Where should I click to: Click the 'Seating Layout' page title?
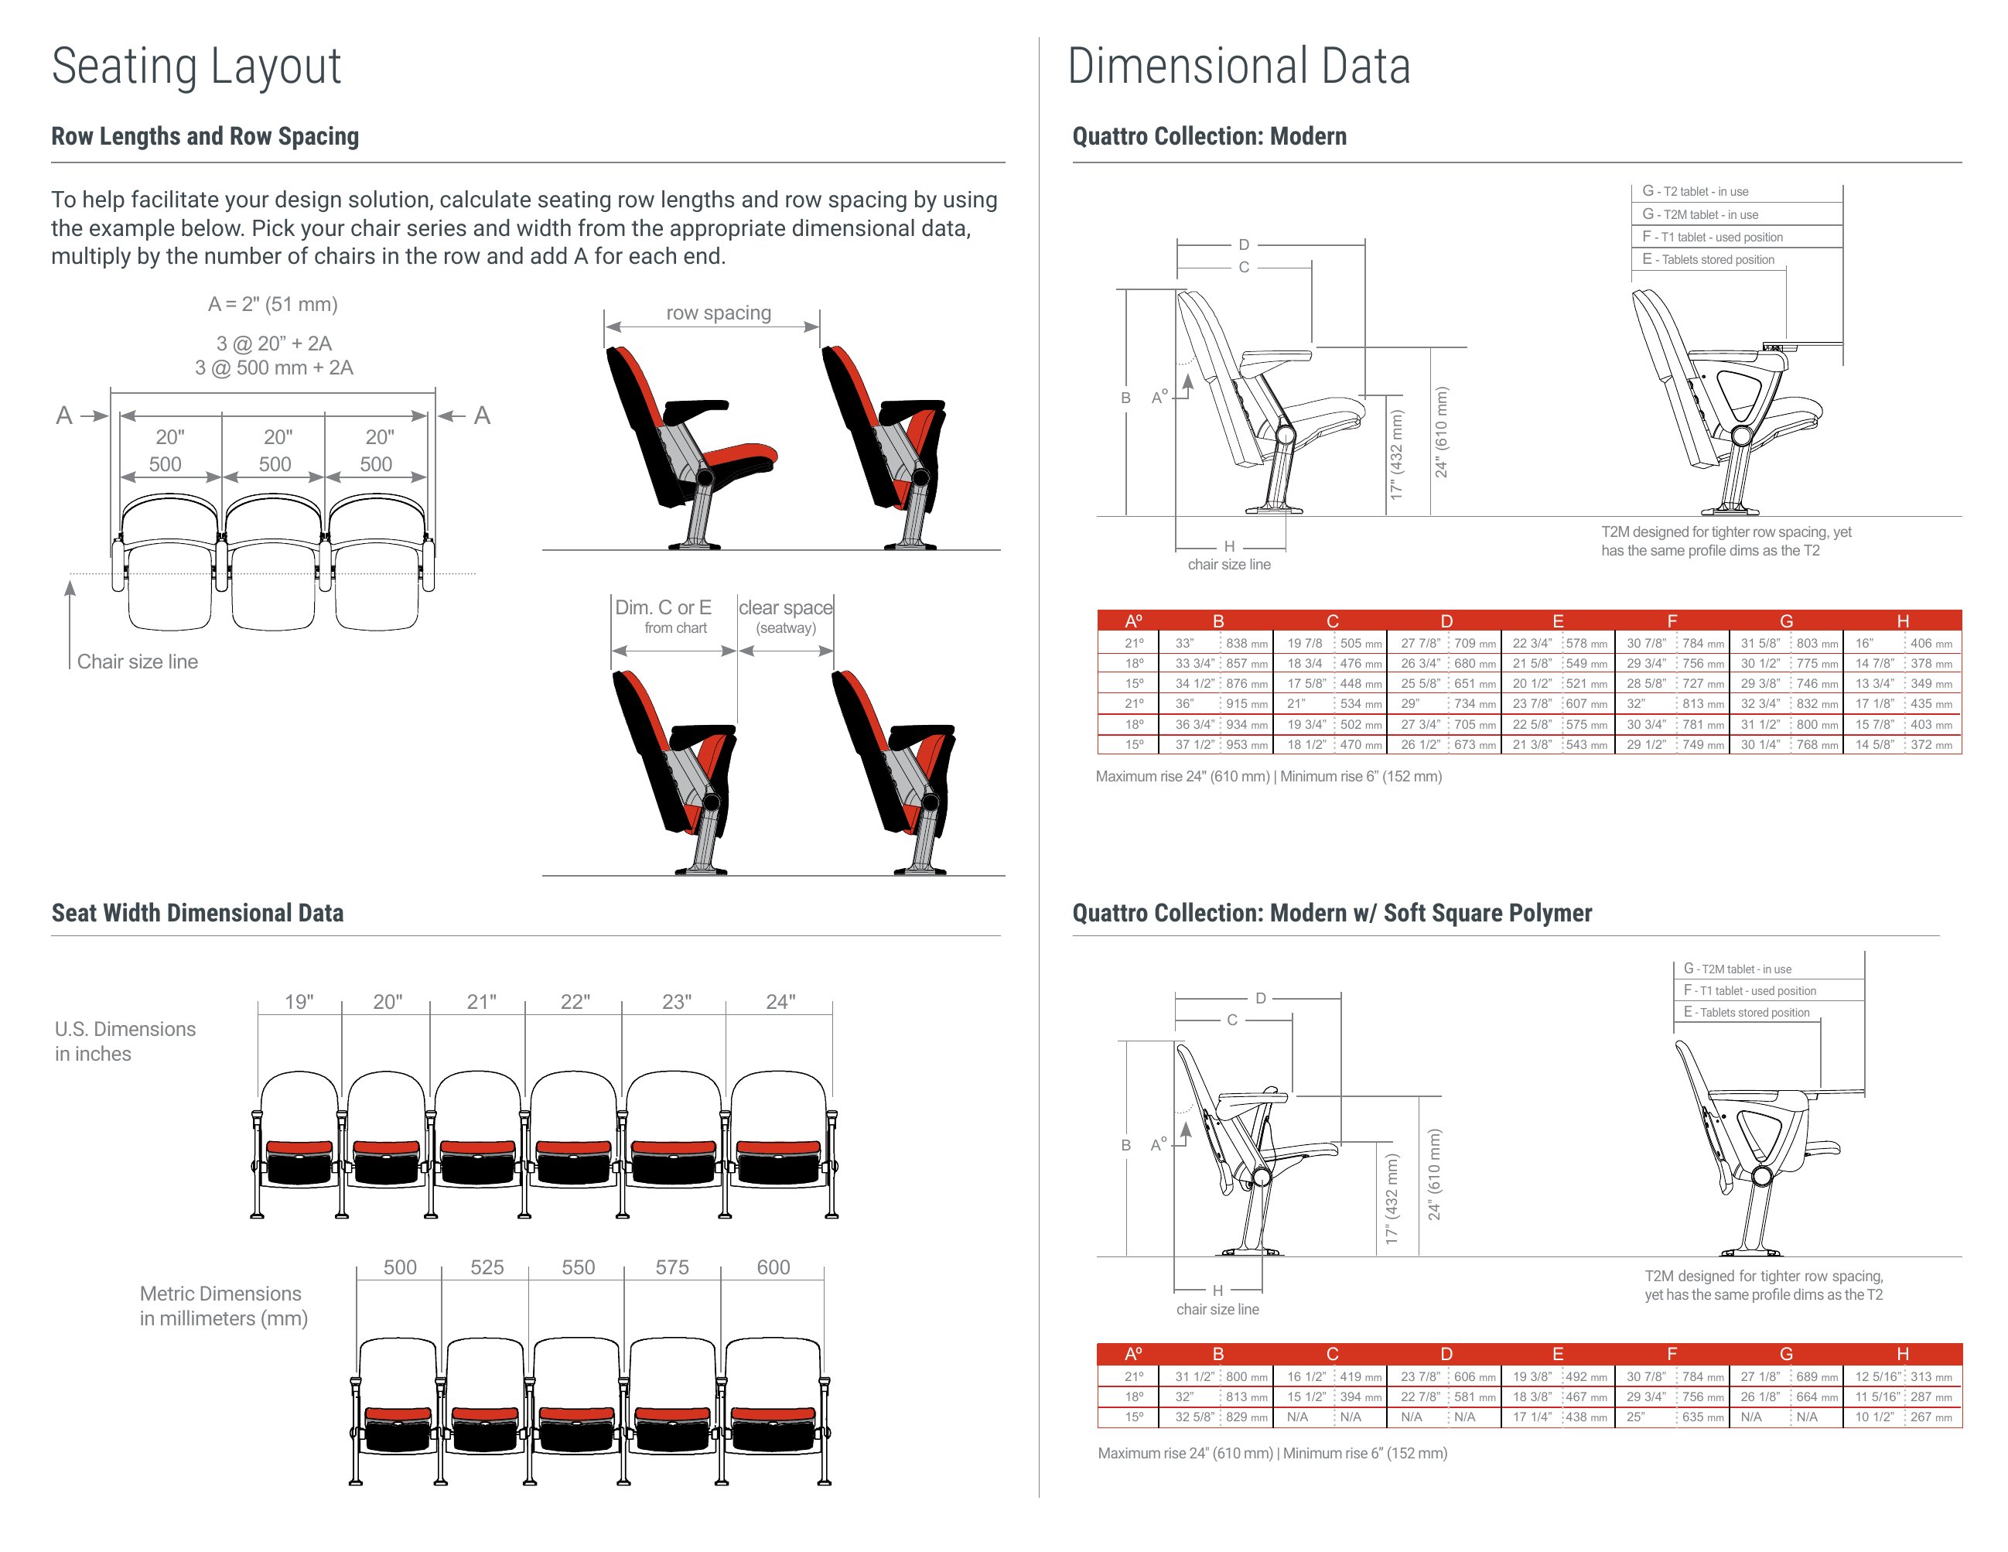pyautogui.click(x=196, y=67)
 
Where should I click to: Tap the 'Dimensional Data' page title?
pyautogui.click(x=1238, y=67)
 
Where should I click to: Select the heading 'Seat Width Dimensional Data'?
pyautogui.click(x=198, y=912)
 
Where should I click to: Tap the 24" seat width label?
pyautogui.click(x=780, y=1001)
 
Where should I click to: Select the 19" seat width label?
pyautogui.click(x=299, y=1001)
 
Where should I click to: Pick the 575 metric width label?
pyautogui.click(x=672, y=1267)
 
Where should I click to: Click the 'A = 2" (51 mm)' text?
pyautogui.click(x=273, y=304)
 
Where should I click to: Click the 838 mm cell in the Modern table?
pyautogui.click(x=1247, y=644)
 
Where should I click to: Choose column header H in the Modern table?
pyautogui.click(x=1902, y=620)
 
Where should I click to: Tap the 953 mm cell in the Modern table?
pyautogui.click(x=1247, y=745)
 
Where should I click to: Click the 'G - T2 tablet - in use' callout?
pyautogui.click(x=1696, y=191)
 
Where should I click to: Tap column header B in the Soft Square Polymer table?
pyautogui.click(x=1218, y=1353)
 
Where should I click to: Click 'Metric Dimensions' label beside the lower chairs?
pyautogui.click(x=220, y=1294)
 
